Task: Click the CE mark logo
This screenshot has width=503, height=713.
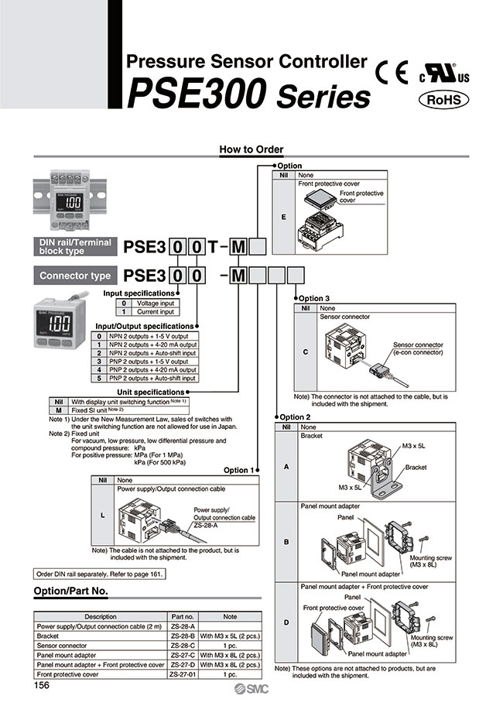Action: coord(392,72)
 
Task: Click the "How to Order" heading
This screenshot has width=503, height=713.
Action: coord(251,149)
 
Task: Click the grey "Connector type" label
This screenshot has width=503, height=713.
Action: coord(75,276)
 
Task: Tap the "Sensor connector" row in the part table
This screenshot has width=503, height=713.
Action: coord(101,645)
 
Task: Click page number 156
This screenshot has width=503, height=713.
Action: coord(43,685)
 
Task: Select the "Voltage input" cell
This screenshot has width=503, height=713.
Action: coord(156,303)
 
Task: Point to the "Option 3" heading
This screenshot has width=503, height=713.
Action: coord(314,298)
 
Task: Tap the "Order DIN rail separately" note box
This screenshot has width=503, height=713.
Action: coord(99,574)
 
